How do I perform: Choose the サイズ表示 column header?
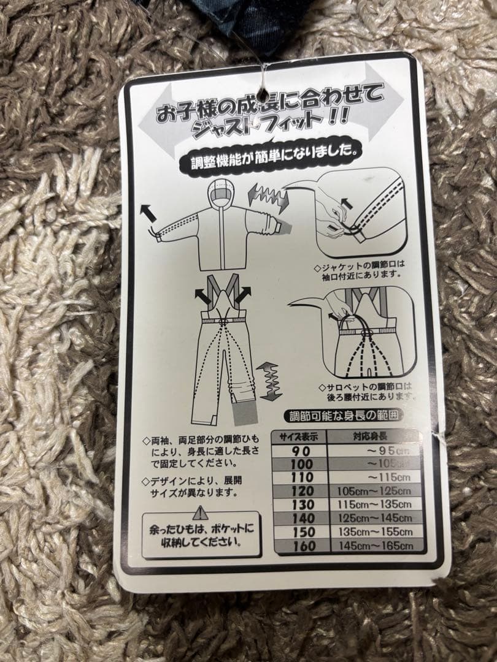[299, 437]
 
